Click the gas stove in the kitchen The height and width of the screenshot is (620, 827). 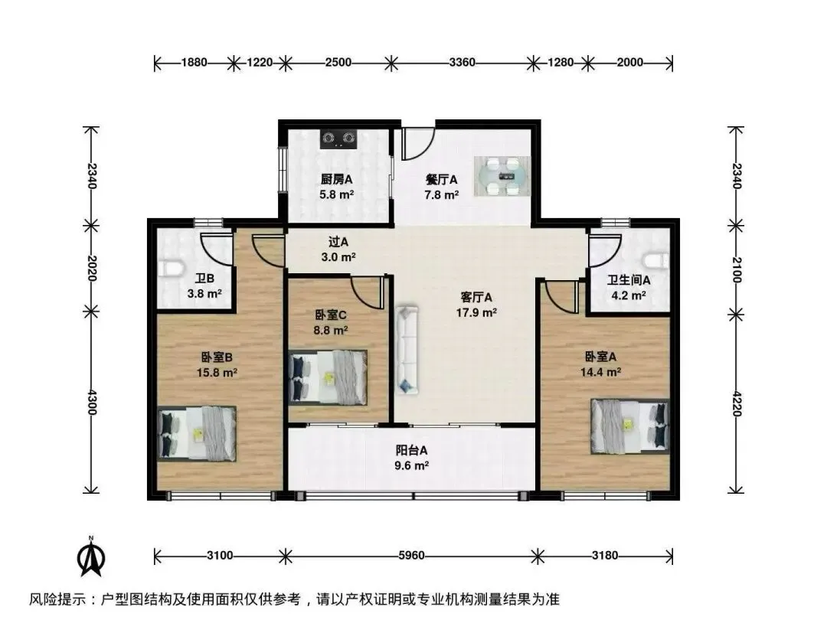338,139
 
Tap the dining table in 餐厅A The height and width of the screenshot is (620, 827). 502,176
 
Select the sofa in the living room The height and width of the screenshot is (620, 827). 407,350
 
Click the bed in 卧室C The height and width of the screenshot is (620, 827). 328,377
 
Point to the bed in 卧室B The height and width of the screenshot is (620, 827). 197,433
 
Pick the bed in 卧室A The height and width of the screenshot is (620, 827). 629,426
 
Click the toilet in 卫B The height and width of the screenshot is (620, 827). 171,269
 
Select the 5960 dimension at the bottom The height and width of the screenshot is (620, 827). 411,556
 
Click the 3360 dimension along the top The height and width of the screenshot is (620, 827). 462,62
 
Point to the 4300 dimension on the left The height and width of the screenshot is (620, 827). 92,402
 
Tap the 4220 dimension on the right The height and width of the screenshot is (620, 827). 737,403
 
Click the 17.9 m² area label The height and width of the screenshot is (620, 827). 476,312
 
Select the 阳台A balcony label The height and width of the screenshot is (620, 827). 411,450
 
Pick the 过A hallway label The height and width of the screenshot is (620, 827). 338,242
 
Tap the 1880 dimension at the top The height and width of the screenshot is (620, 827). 194,62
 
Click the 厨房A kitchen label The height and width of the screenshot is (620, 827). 336,179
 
